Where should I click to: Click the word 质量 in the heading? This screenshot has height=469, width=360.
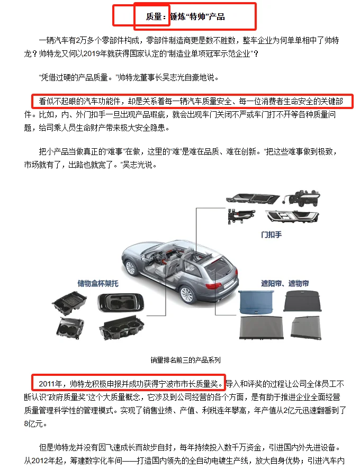156,17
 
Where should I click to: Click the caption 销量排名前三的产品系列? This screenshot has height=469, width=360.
185,360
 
